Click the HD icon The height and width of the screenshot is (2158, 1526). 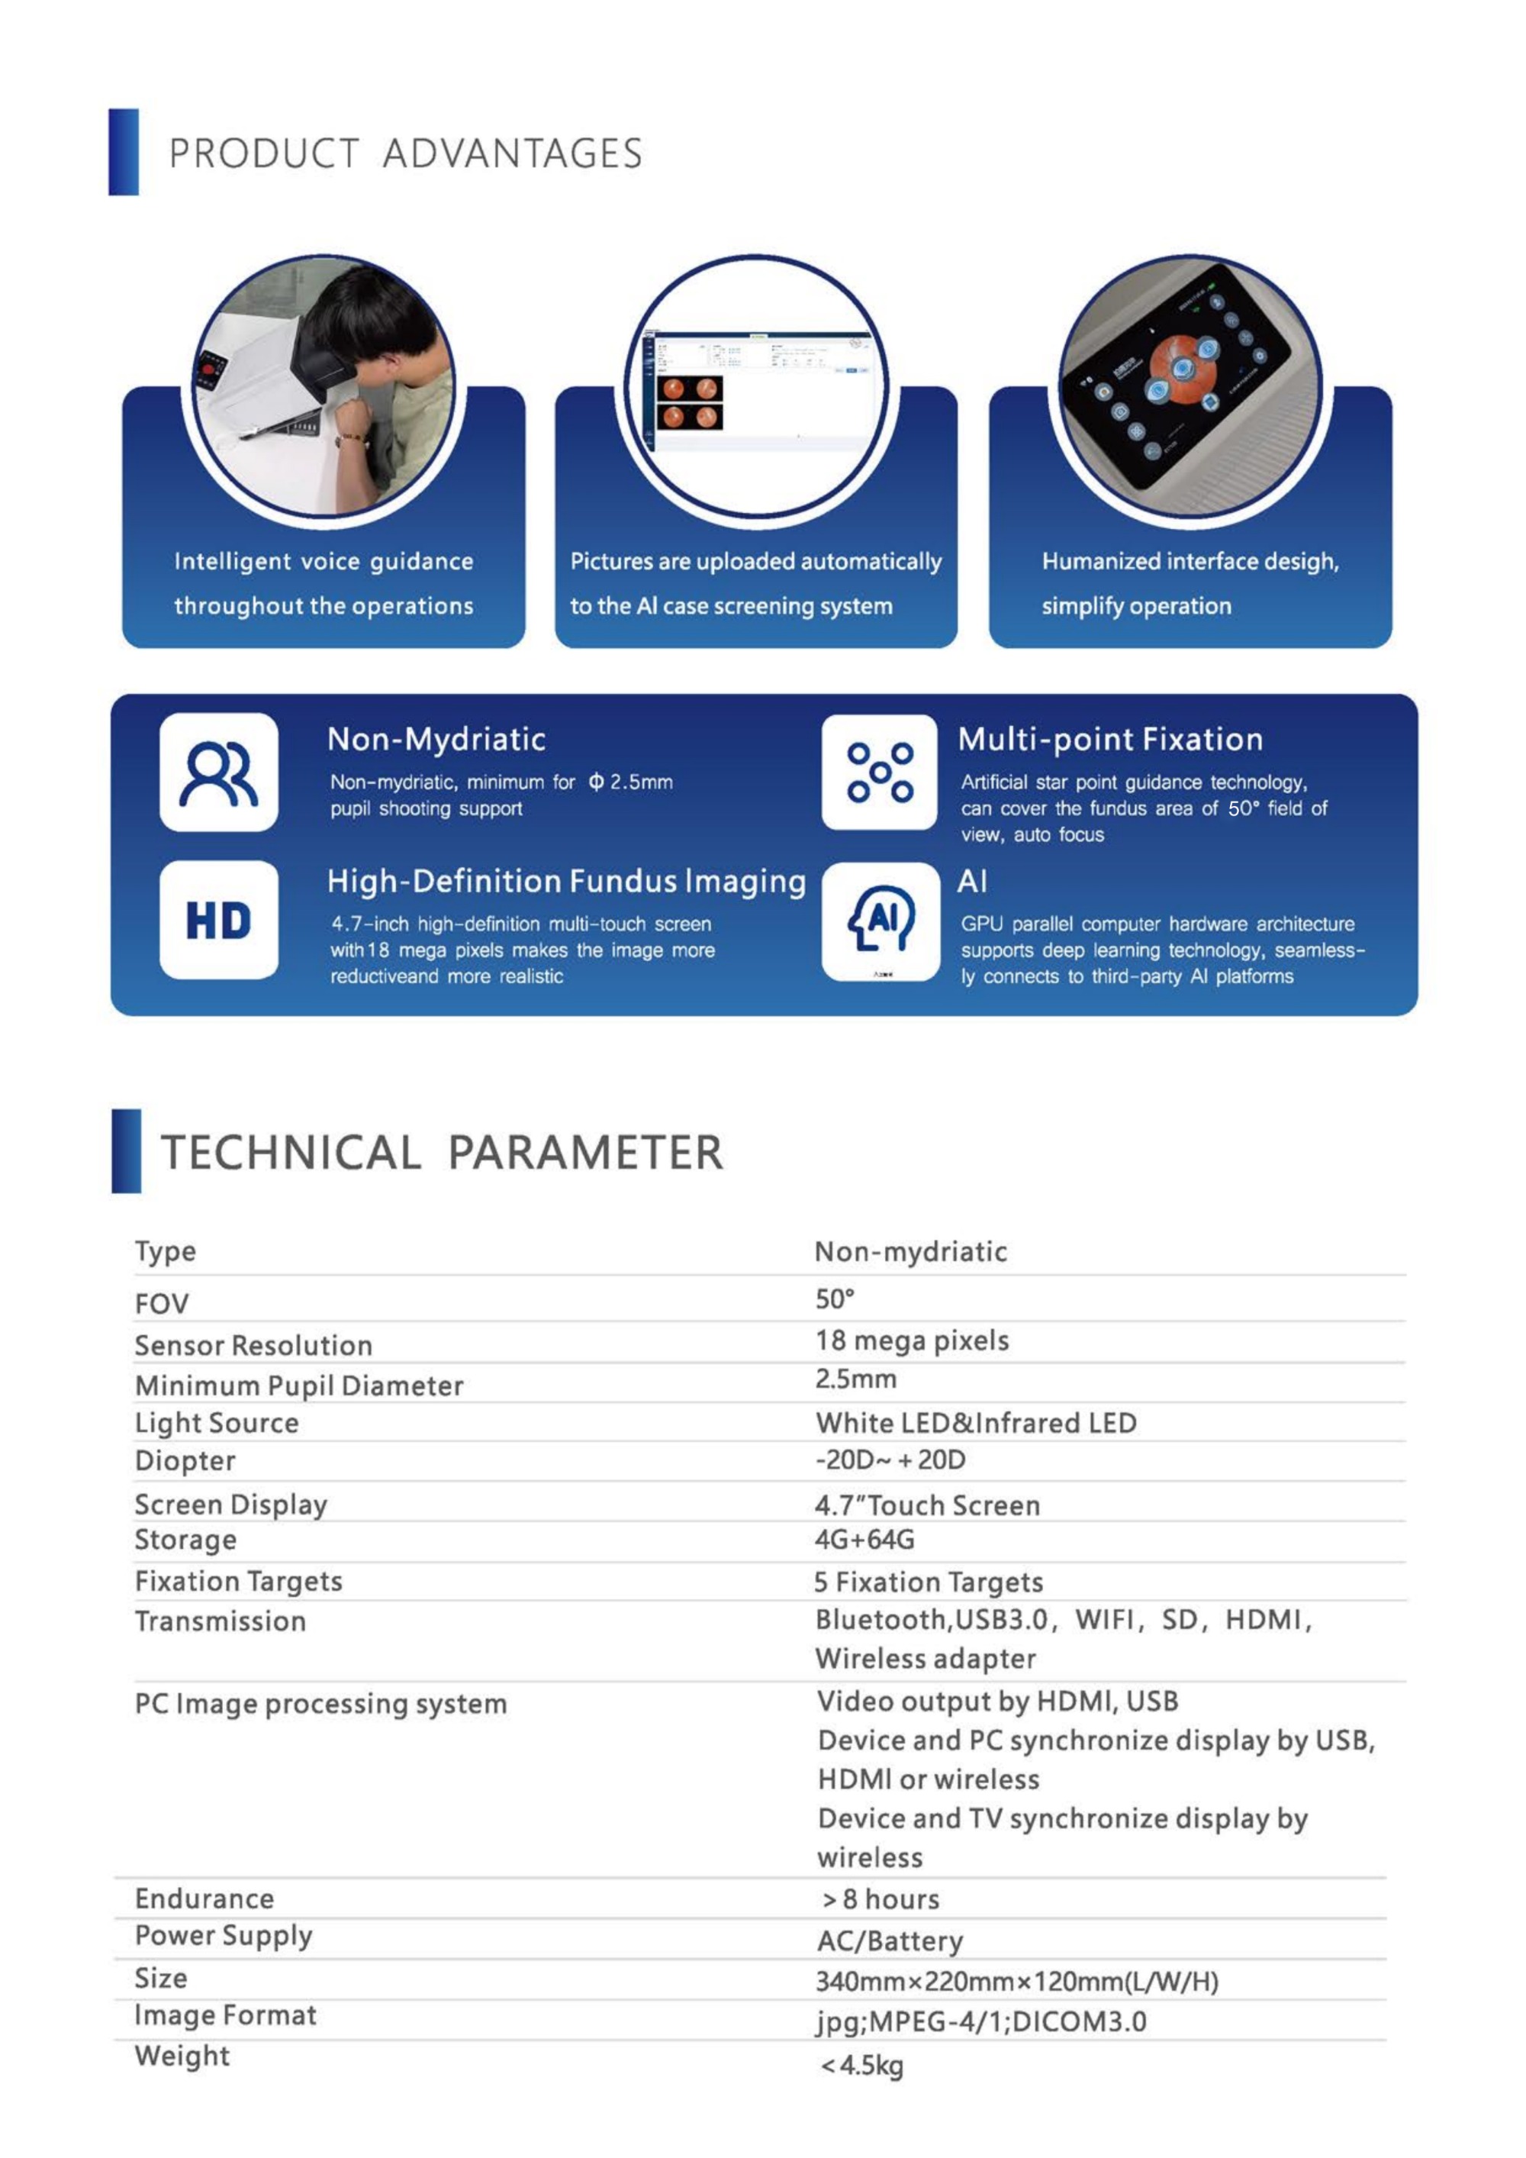(218, 920)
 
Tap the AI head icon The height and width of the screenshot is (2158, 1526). (881, 920)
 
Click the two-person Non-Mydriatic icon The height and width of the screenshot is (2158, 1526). (218, 773)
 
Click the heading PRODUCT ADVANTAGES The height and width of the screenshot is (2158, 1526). (405, 154)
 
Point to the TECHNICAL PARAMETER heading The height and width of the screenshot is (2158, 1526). (442, 1153)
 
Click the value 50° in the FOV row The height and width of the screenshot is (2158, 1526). (835, 1299)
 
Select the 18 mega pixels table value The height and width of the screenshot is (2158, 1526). (912, 1340)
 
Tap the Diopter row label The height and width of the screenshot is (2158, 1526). (185, 1460)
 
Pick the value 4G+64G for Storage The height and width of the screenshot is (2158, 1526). (864, 1540)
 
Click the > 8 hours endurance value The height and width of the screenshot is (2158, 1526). (881, 1899)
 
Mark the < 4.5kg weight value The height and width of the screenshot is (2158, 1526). (861, 2066)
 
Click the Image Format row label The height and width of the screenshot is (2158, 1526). (226, 2015)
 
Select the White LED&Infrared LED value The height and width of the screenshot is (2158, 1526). (975, 1423)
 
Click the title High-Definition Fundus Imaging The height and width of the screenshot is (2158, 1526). (565, 881)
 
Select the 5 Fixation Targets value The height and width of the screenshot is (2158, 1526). (929, 1582)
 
